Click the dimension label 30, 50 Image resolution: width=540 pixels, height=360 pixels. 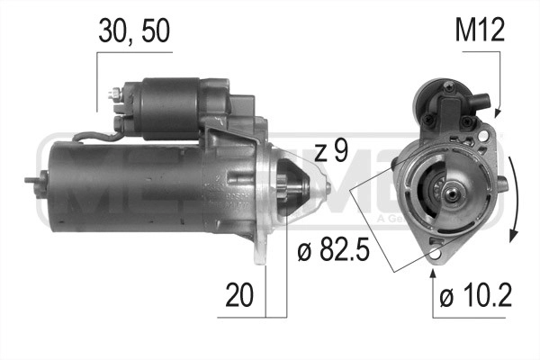[x=133, y=31]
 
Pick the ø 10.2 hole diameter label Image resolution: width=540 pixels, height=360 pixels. [x=476, y=296]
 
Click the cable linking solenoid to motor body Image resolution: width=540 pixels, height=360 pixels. [x=94, y=137]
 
